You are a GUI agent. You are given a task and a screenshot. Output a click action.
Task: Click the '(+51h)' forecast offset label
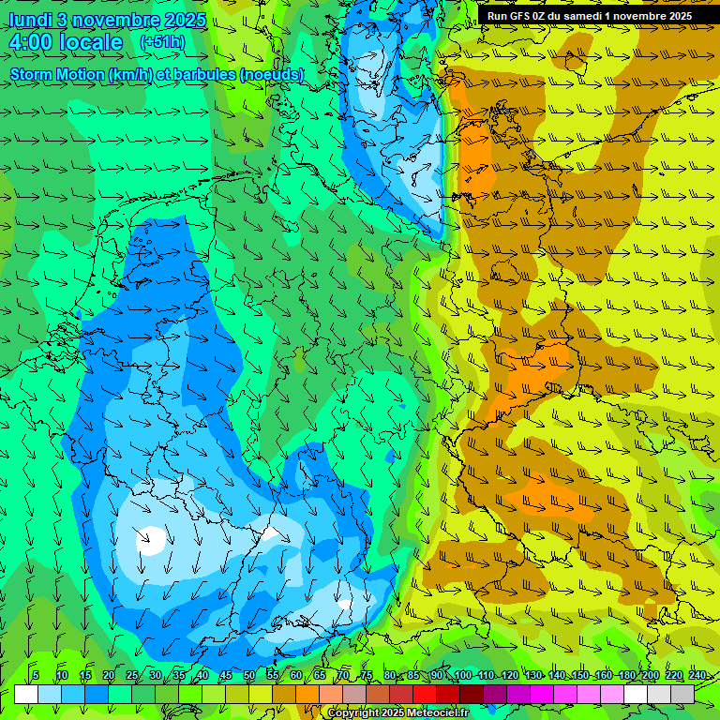[x=162, y=42]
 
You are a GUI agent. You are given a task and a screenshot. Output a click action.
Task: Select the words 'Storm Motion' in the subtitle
[x=56, y=74]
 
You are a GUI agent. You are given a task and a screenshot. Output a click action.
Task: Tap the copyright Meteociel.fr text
[x=397, y=713]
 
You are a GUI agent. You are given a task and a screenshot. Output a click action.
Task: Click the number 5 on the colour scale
[x=35, y=676]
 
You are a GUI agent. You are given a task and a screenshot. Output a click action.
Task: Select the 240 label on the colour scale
[x=697, y=676]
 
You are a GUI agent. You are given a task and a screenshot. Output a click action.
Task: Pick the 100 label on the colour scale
[x=462, y=676]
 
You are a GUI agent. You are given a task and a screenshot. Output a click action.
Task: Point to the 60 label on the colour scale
[x=295, y=676]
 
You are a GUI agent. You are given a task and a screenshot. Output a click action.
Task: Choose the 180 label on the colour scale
[x=626, y=676]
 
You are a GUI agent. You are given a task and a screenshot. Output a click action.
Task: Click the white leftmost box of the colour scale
[x=25, y=694]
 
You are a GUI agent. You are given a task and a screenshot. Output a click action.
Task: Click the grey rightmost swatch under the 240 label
[x=682, y=694]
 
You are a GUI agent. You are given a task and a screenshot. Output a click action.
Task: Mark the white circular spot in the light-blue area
[x=149, y=539]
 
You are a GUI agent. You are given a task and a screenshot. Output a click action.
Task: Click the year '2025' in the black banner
[x=672, y=16]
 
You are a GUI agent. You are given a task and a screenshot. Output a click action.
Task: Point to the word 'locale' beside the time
[x=92, y=42]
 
